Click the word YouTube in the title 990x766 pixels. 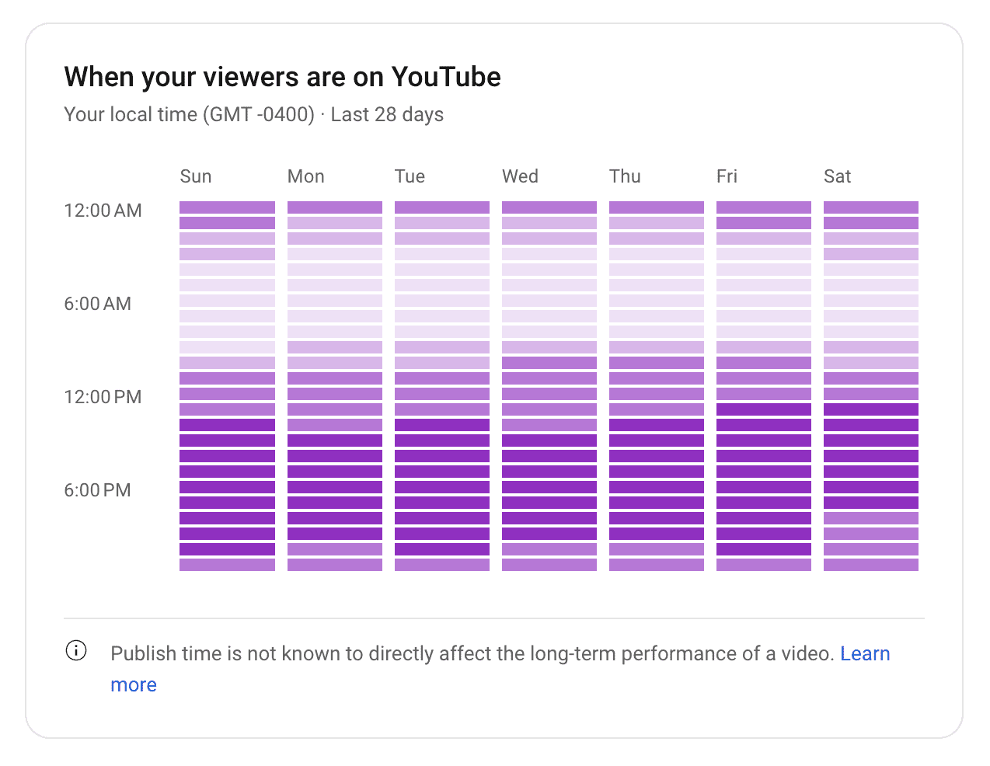click(445, 77)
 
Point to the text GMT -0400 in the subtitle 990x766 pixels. click(259, 114)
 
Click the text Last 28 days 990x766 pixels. click(387, 114)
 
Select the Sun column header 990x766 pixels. click(196, 176)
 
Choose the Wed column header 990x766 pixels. click(520, 176)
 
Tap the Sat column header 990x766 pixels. click(837, 176)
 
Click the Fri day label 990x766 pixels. click(727, 176)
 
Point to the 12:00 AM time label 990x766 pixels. click(103, 211)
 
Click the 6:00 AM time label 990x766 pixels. click(97, 304)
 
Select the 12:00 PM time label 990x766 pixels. click(103, 397)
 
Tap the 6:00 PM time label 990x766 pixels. click(97, 490)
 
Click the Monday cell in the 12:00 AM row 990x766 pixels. click(335, 207)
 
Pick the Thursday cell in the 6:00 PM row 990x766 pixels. click(657, 487)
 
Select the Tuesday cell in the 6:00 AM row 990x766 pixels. click(442, 301)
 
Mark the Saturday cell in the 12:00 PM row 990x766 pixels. click(871, 394)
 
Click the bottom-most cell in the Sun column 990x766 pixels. click(227, 565)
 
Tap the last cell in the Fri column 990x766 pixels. click(764, 565)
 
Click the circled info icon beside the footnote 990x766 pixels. click(76, 651)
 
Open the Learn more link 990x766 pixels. click(865, 653)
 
